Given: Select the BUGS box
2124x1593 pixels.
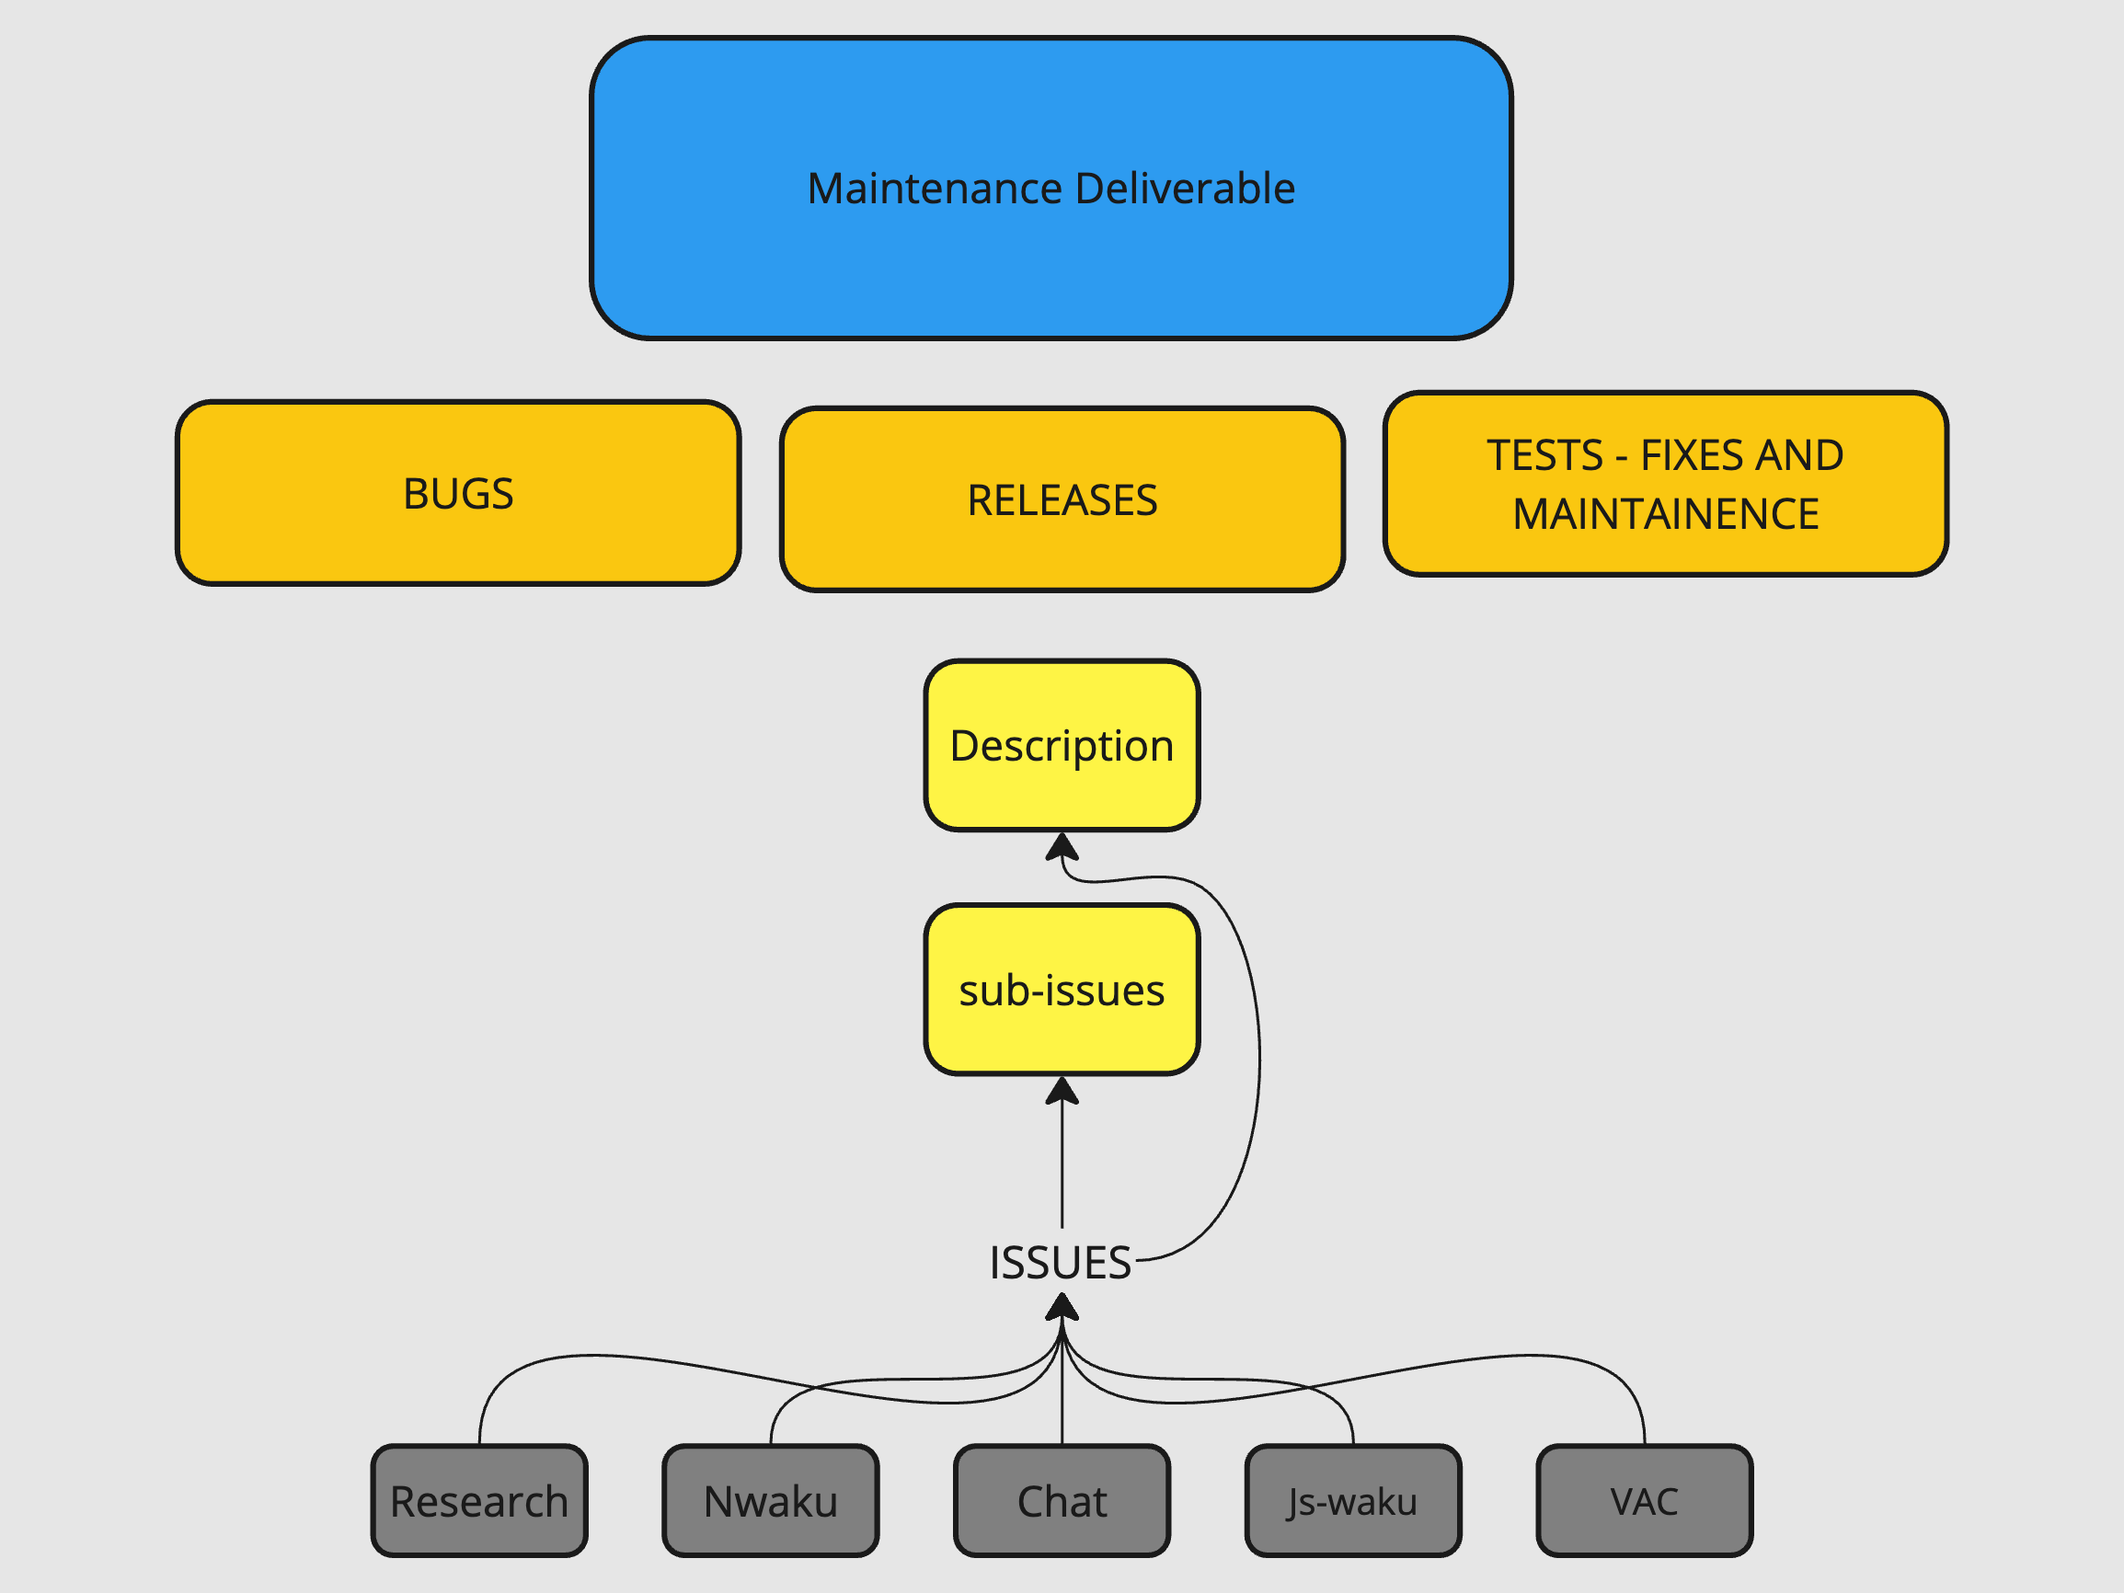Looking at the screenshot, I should click(458, 494).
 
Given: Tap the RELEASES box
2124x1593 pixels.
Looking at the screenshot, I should click(1062, 500).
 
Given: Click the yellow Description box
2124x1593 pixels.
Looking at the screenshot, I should click(1062, 746).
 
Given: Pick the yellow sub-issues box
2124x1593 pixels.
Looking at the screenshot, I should click(1062, 990).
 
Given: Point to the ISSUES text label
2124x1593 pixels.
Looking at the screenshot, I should click(1060, 1263).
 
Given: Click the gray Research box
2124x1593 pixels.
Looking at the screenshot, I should click(479, 1502).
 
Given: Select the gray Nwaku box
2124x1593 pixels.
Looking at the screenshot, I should click(770, 1502).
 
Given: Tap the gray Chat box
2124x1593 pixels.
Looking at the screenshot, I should click(1062, 1502).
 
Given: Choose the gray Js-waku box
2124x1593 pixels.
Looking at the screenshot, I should click(1353, 1502).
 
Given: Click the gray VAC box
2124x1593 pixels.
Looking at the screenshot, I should click(1644, 1502).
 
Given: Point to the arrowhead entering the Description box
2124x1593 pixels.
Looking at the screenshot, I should click(1062, 846).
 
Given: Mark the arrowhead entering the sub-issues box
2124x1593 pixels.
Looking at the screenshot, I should click(1062, 1091).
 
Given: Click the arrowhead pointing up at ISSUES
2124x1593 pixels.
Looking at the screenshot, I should click(1062, 1307).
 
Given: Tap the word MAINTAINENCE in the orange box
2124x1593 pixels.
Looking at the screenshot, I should click(1666, 515).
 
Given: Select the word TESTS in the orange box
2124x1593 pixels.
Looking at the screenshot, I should click(1545, 455).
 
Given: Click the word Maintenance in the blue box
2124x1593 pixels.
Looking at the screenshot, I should click(937, 189).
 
